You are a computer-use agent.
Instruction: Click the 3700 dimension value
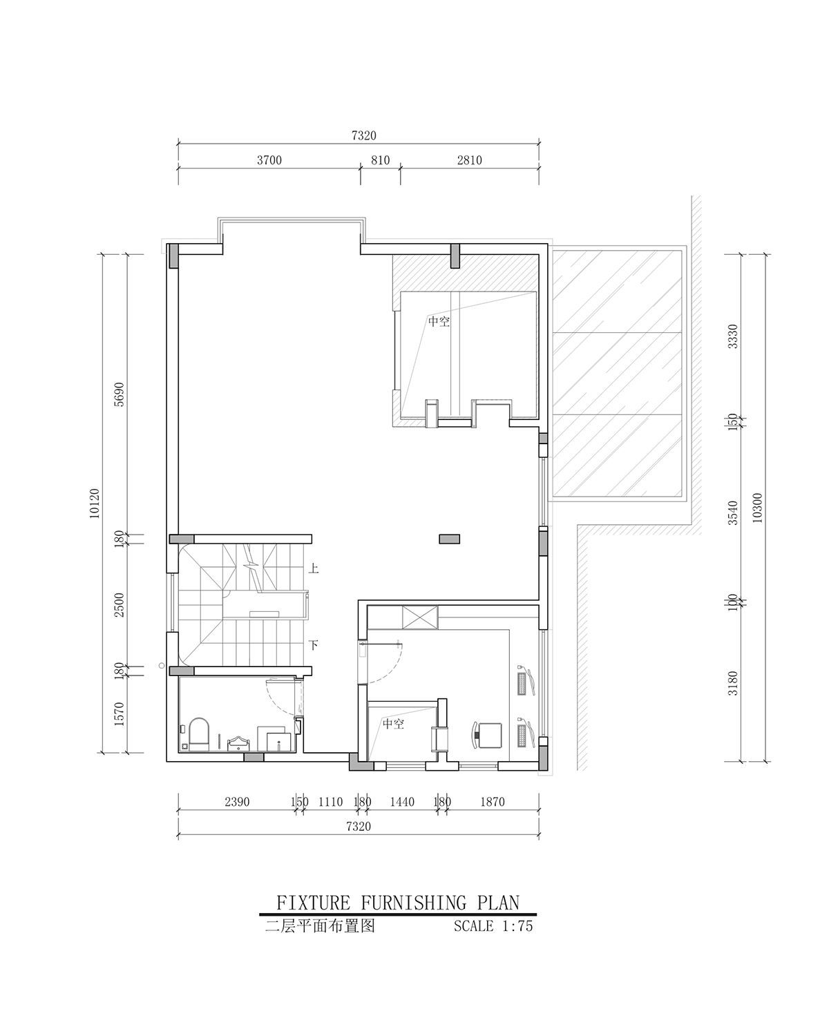[269, 160]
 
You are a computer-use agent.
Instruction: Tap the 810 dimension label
[380, 160]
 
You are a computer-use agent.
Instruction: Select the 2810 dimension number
[469, 160]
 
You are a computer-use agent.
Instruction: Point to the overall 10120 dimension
[95, 503]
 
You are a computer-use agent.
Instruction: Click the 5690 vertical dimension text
[119, 394]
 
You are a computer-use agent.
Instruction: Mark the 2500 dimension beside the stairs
[119, 605]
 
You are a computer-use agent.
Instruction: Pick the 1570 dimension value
[119, 714]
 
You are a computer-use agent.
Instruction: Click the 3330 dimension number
[732, 336]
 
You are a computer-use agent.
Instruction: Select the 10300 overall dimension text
[757, 508]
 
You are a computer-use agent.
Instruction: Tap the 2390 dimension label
[237, 802]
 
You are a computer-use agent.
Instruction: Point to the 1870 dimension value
[493, 802]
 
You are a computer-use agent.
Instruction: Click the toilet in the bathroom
[199, 735]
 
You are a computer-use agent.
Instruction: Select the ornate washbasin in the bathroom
[238, 743]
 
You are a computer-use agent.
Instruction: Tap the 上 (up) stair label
[314, 569]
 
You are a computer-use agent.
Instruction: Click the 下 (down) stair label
[314, 644]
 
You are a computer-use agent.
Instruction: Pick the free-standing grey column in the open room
[449, 539]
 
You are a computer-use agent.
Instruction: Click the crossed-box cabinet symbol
[420, 617]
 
